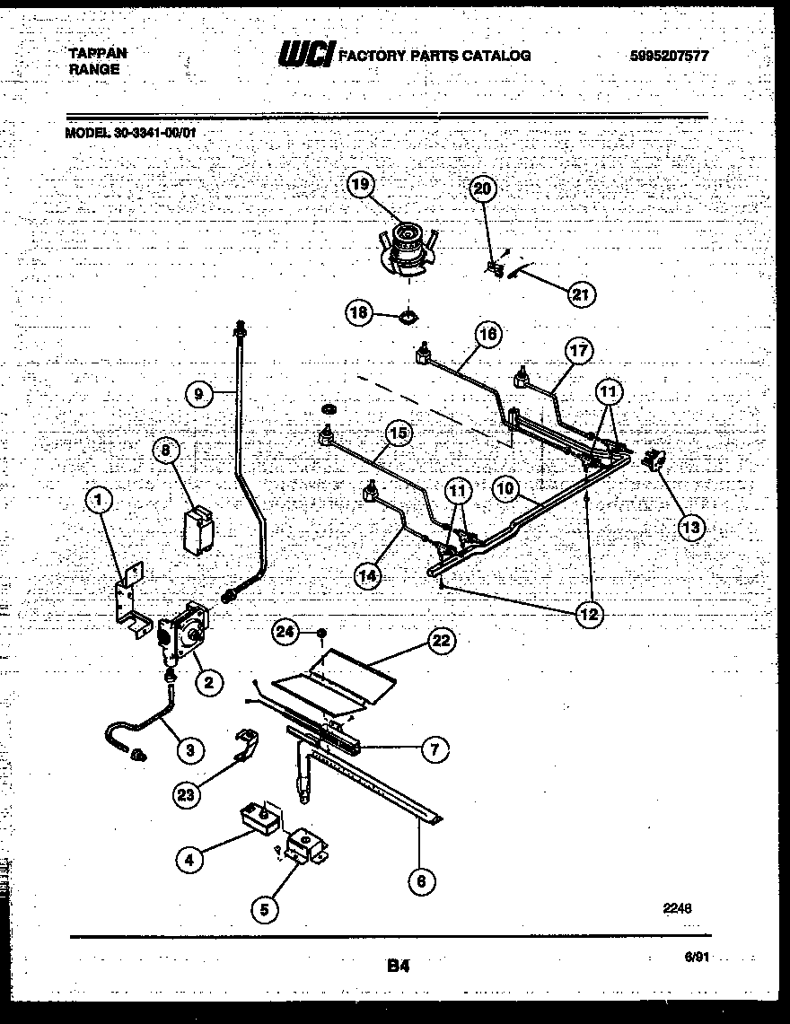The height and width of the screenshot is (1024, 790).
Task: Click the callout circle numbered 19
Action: click(x=360, y=186)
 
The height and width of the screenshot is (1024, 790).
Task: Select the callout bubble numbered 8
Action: click(x=165, y=451)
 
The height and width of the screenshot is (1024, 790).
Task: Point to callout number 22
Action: click(x=441, y=640)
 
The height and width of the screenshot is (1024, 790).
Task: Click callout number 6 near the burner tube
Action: click(x=420, y=880)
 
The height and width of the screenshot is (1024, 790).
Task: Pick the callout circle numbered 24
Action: click(x=285, y=634)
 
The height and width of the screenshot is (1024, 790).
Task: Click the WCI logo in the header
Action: click(x=306, y=56)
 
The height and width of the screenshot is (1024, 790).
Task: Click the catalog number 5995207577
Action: click(x=670, y=56)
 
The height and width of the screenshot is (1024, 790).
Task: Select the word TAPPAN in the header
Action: click(x=98, y=53)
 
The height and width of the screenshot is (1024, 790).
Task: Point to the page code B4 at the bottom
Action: click(x=399, y=966)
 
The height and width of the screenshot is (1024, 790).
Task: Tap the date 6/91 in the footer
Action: click(x=697, y=958)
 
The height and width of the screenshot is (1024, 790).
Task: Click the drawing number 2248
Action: click(x=679, y=907)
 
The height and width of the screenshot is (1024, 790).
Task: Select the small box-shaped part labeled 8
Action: click(x=198, y=530)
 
